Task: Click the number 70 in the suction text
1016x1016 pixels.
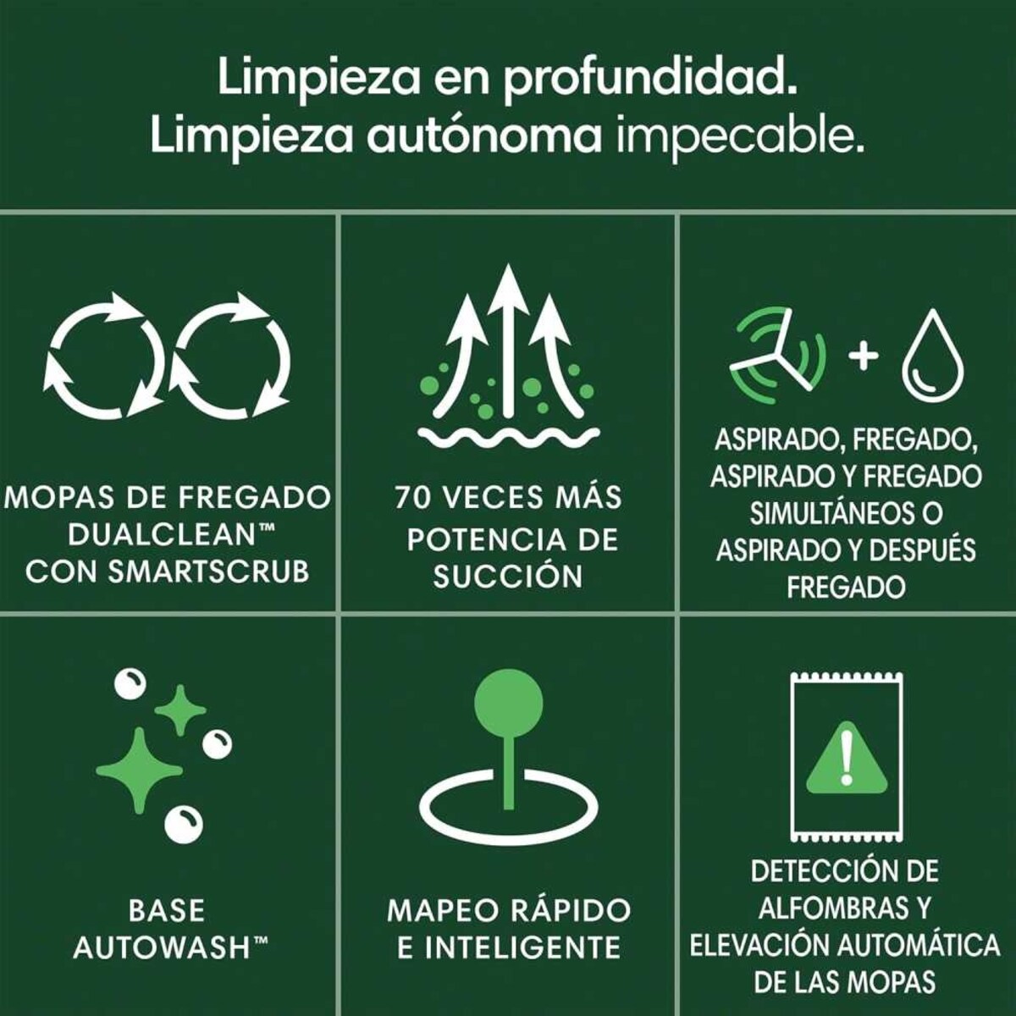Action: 412,498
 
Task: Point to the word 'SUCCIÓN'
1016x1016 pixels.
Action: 508,577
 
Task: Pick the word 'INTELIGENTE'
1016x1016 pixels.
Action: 522,948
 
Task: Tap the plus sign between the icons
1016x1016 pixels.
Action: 863,356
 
